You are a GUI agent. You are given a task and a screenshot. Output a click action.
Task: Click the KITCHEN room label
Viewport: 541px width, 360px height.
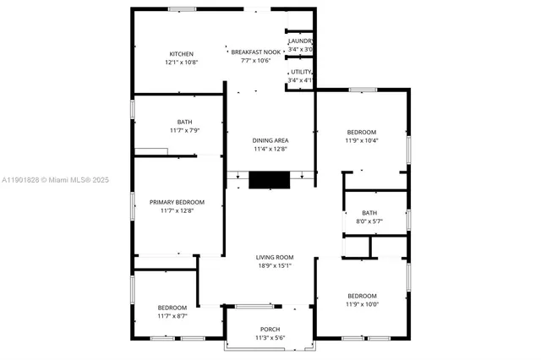point(182,52)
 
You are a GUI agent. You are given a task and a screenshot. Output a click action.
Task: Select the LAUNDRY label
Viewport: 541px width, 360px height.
point(301,41)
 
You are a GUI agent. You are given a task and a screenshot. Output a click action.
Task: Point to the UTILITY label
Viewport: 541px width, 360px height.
point(302,73)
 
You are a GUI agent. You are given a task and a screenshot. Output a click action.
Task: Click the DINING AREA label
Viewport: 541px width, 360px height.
point(270,139)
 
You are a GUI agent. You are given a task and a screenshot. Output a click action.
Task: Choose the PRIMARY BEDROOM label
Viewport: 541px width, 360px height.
point(178,202)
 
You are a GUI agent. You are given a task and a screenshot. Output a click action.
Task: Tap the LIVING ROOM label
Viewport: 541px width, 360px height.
point(275,257)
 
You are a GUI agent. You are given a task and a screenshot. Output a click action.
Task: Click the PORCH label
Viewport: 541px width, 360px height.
point(270,330)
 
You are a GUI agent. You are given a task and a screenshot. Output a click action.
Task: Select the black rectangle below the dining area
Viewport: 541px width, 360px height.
point(270,179)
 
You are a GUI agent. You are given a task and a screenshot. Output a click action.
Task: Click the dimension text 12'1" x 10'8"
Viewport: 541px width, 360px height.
point(182,62)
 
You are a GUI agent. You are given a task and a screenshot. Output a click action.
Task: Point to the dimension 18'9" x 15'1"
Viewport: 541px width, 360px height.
point(275,266)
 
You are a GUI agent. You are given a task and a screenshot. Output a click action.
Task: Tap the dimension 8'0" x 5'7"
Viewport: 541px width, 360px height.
point(369,221)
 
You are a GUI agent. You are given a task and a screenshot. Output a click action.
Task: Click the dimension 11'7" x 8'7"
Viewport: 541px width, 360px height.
point(178,316)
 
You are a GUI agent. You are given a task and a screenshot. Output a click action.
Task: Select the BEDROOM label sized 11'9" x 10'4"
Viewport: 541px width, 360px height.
point(362,132)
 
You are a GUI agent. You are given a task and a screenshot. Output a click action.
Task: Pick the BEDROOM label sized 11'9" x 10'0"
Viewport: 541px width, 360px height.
point(362,296)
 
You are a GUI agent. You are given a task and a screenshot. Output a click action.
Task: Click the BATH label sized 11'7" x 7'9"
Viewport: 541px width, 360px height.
point(184,122)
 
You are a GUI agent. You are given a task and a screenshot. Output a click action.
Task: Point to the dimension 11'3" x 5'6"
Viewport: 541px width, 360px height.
point(270,338)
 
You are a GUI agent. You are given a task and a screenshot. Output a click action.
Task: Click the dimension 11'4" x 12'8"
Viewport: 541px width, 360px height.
point(270,149)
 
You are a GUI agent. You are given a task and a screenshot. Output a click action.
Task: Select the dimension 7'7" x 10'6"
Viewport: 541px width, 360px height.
point(255,61)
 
